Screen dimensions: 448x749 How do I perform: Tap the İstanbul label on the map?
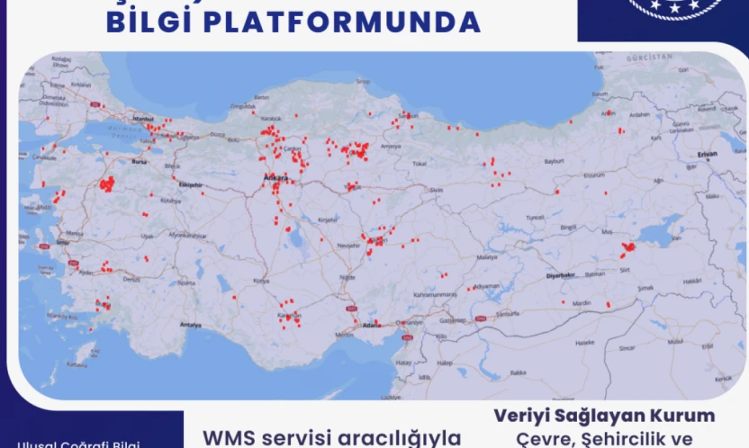pos(144,119)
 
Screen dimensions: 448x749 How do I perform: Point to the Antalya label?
pos(190,324)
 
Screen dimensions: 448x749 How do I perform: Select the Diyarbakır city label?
pos(560,275)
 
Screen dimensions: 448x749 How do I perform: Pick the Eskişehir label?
pos(190,184)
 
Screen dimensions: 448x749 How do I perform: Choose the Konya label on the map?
pos(261,281)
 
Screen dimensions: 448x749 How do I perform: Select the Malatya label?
pos(487,256)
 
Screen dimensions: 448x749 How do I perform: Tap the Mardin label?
pos(582,303)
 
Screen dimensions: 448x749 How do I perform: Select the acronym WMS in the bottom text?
pos(231,437)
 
